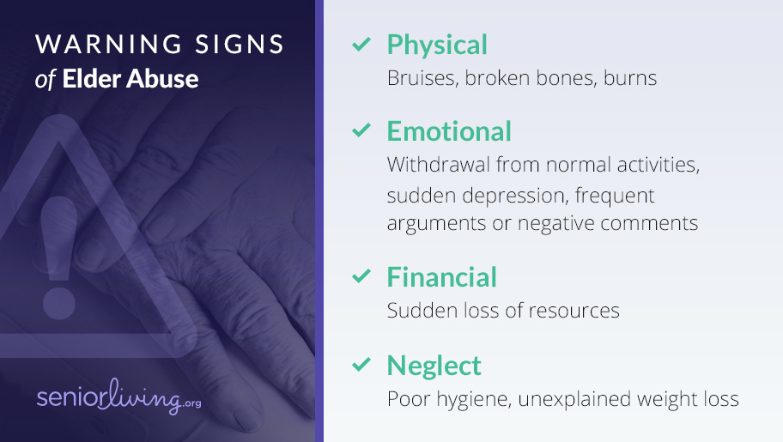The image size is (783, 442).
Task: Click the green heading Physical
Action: [437, 45]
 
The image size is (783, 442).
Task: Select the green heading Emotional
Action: [449, 131]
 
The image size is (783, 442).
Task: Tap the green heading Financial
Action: [442, 277]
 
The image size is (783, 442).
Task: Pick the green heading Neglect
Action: [434, 366]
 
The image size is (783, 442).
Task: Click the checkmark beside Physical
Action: [361, 44]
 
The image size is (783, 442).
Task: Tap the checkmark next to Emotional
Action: [361, 130]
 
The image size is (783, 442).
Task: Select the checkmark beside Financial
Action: [361, 275]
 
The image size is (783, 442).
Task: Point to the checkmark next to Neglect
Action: [361, 364]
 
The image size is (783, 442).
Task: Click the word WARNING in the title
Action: [108, 45]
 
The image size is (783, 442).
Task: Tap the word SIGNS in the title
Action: [240, 45]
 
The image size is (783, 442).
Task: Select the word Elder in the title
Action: [92, 79]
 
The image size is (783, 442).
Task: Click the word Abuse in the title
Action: [163, 79]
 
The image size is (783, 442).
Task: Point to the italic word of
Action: [45, 80]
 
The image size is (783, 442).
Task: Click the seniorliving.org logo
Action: [118, 397]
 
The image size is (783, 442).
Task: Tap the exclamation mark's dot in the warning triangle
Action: [59, 302]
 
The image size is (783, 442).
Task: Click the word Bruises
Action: [422, 78]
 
